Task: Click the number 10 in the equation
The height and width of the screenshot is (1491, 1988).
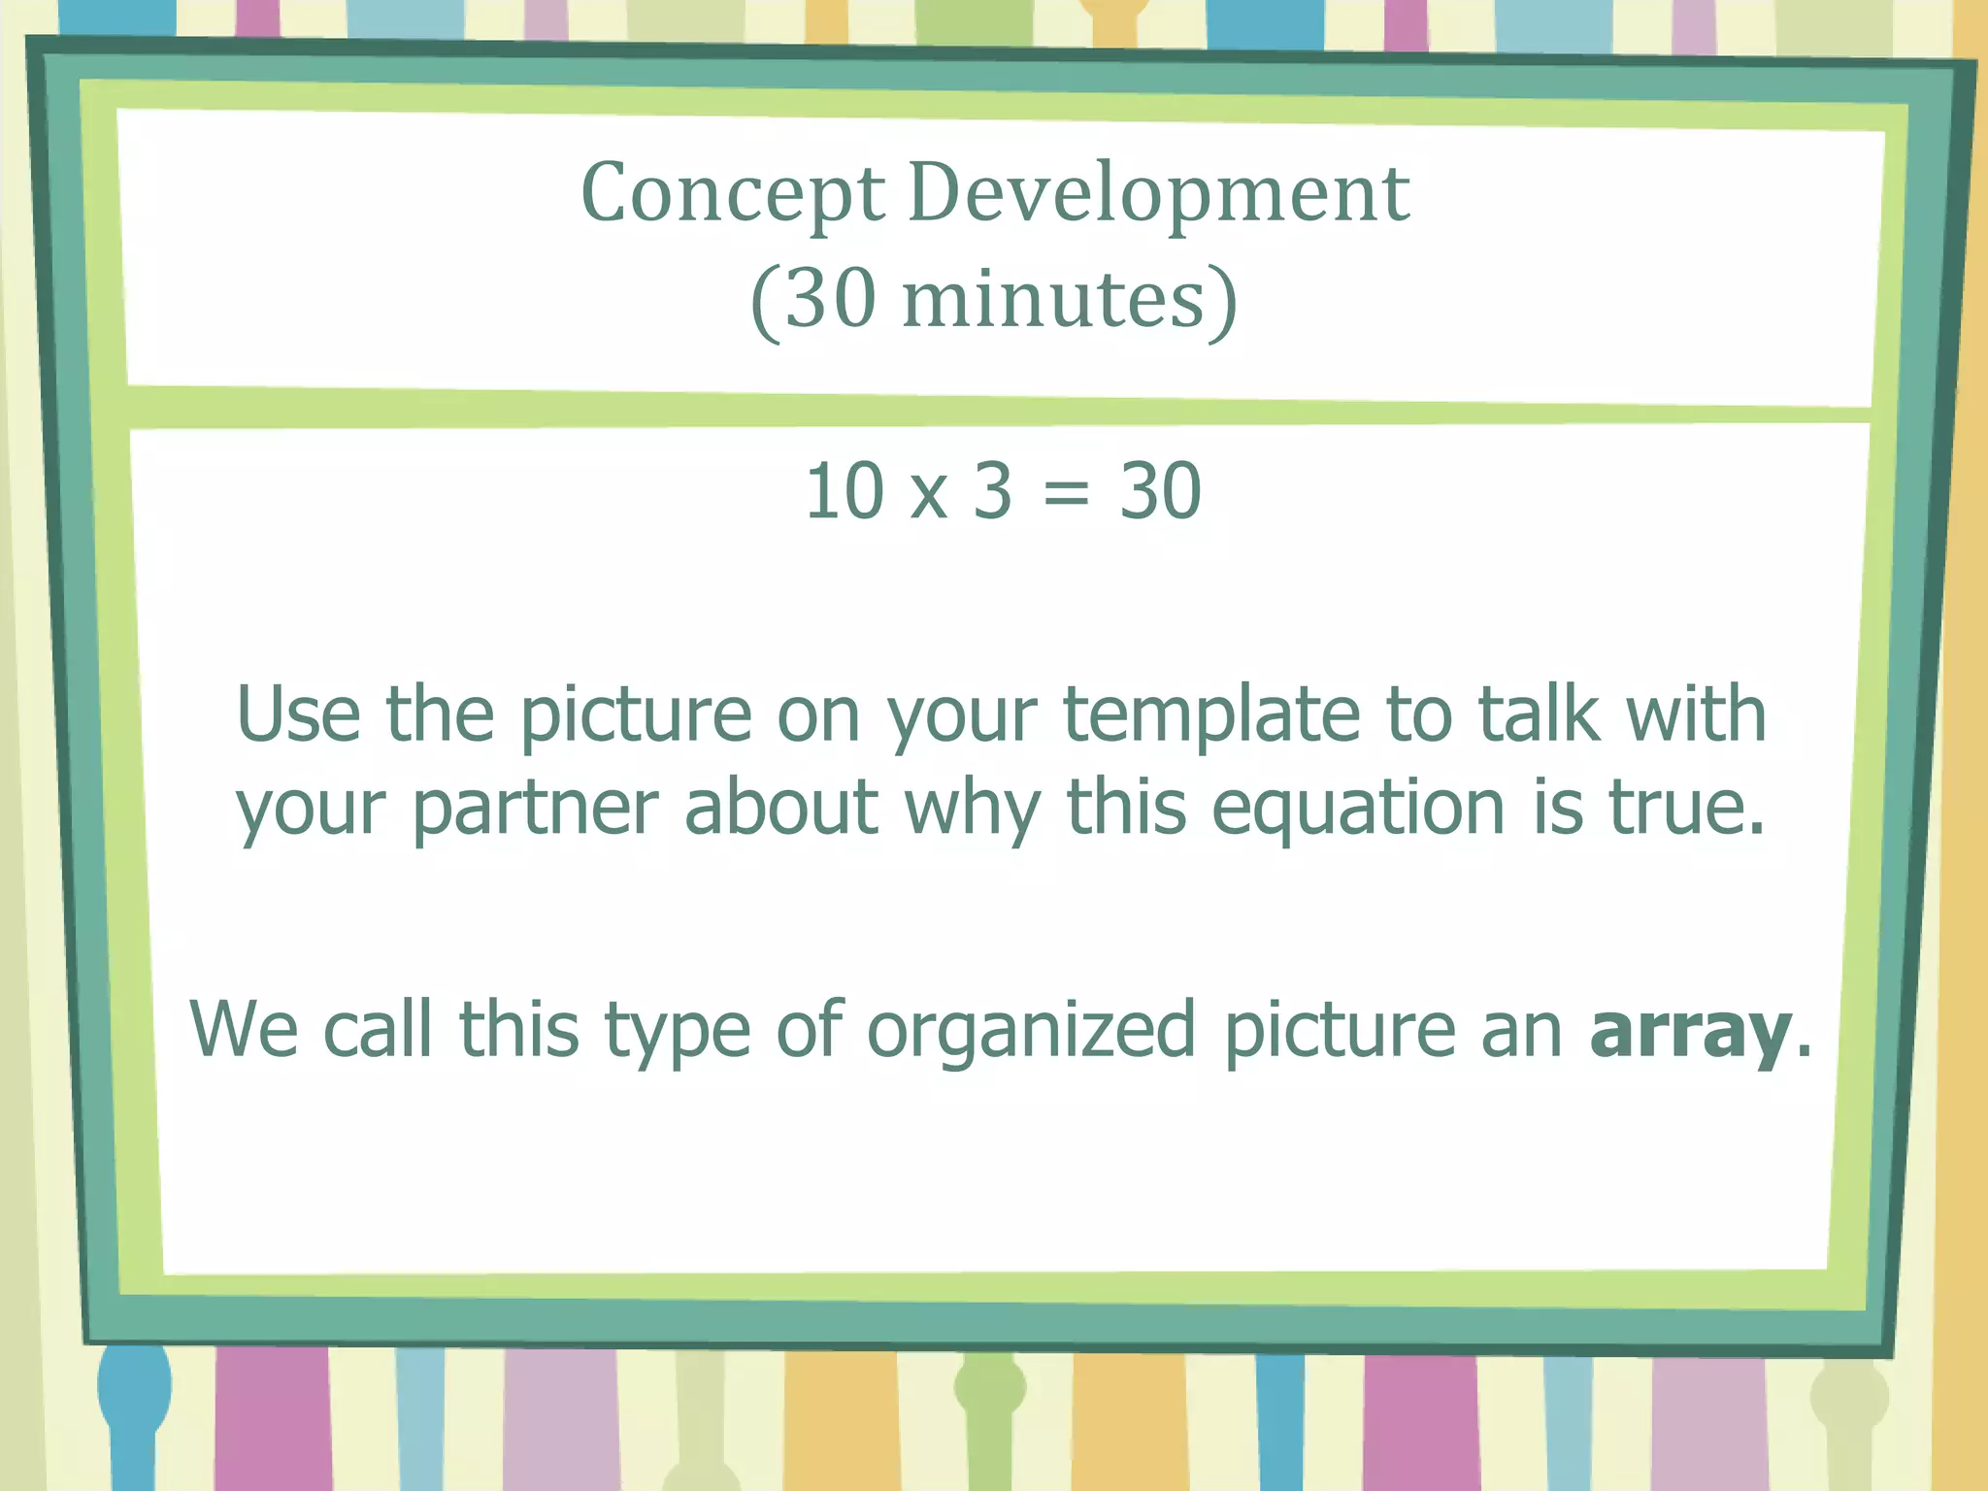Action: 844,491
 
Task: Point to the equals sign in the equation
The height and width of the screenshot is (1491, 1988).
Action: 1066,493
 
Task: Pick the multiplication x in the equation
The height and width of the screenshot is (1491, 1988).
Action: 929,495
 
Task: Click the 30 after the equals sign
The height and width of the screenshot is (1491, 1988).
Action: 1160,491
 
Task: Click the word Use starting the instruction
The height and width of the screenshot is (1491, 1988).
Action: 298,714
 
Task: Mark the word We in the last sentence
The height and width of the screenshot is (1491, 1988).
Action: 244,1029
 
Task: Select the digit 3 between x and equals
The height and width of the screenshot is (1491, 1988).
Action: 993,491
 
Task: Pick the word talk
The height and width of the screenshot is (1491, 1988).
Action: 1538,714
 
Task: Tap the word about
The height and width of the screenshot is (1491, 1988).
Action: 781,808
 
